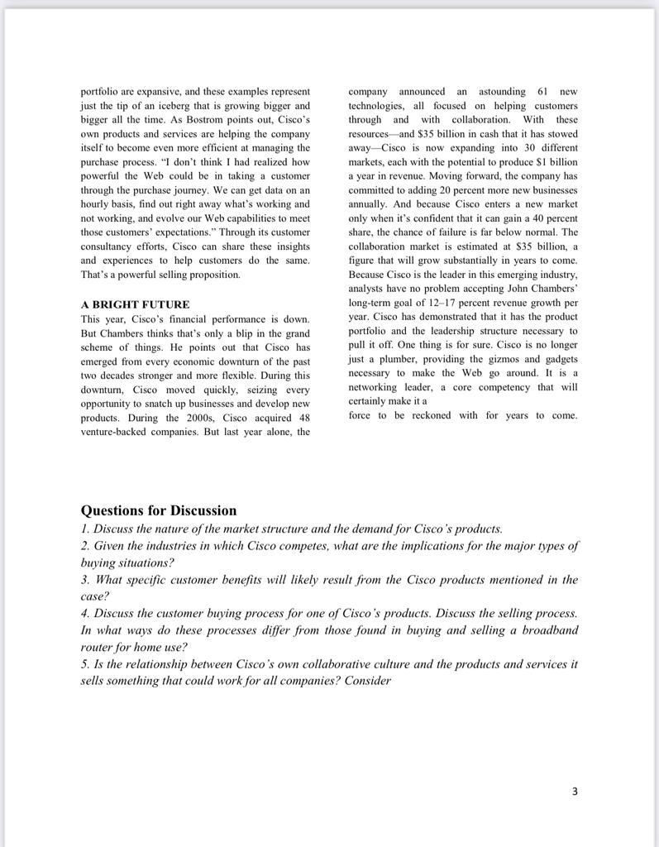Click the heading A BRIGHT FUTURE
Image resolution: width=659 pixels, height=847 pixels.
(135, 304)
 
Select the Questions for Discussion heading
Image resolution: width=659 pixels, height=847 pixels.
(159, 510)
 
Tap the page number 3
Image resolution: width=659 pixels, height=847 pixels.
(575, 792)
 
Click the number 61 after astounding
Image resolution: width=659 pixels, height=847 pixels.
(542, 91)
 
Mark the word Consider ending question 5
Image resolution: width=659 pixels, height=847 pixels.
(367, 681)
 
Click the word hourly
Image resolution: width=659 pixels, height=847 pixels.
(95, 204)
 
